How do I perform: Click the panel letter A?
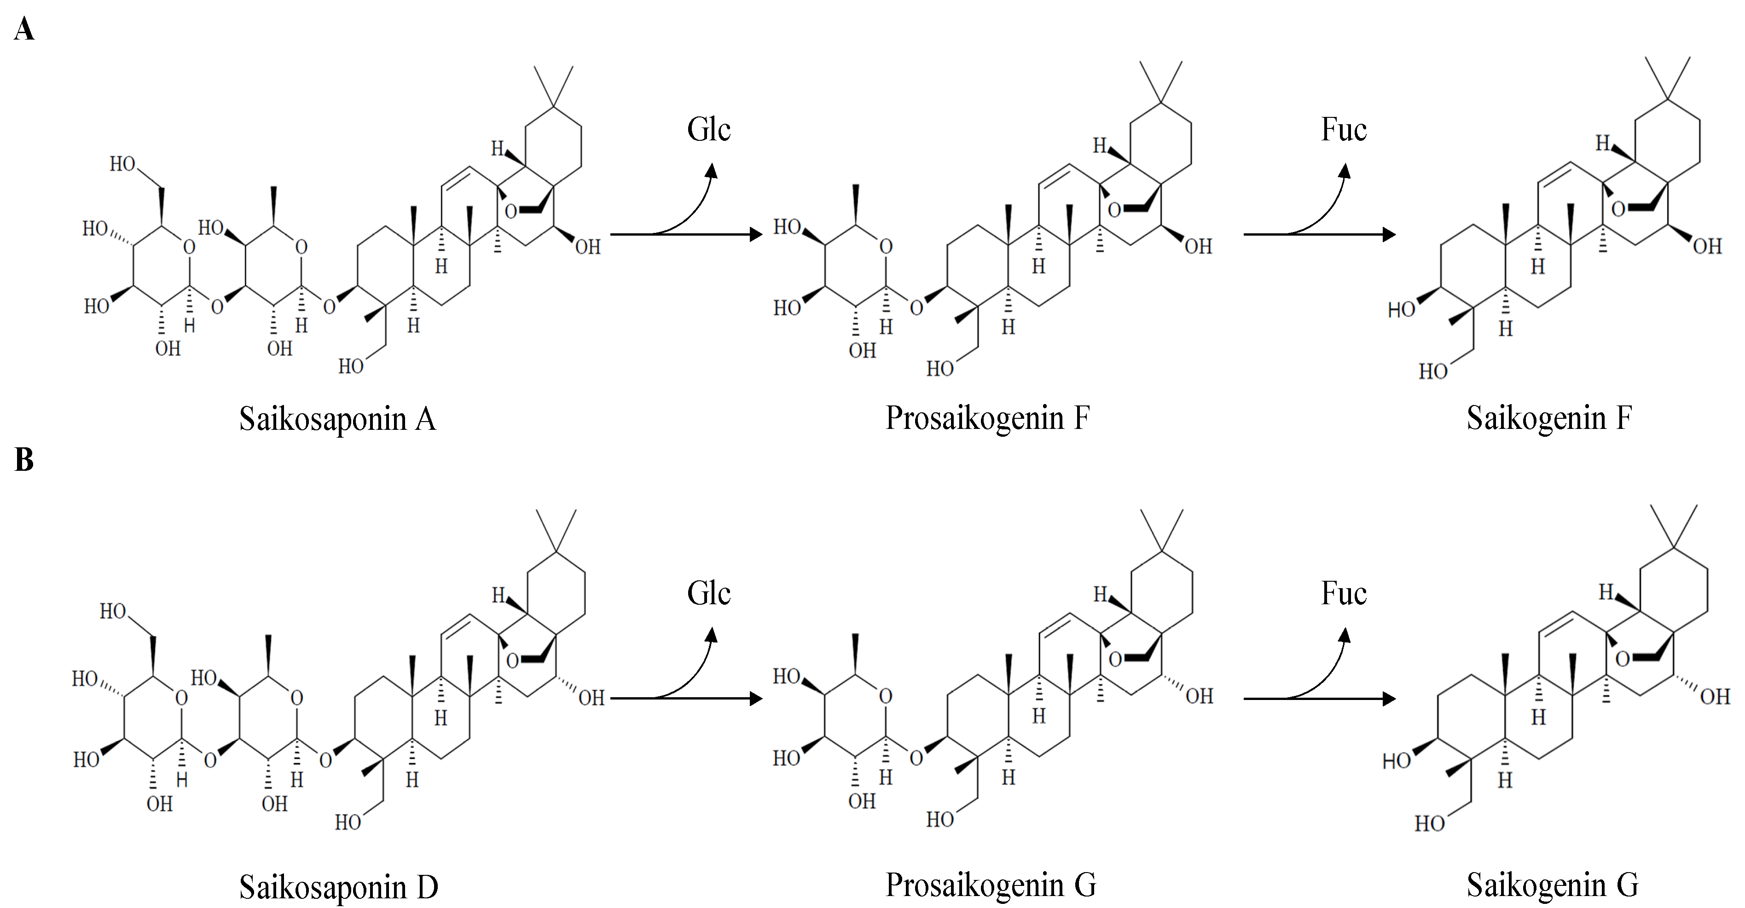click(24, 30)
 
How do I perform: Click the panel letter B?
click(24, 460)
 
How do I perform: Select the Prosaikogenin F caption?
click(987, 418)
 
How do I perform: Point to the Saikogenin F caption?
click(1549, 418)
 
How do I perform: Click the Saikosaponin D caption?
click(339, 887)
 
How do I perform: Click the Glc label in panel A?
click(708, 129)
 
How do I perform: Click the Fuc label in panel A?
click(1344, 129)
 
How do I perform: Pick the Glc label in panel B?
click(708, 594)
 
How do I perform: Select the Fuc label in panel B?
click(1344, 594)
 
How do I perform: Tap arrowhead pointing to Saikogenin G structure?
click(1389, 699)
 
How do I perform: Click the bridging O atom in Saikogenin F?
click(1618, 209)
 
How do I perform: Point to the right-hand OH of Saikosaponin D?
click(591, 698)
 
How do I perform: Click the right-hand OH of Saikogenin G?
click(1715, 697)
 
